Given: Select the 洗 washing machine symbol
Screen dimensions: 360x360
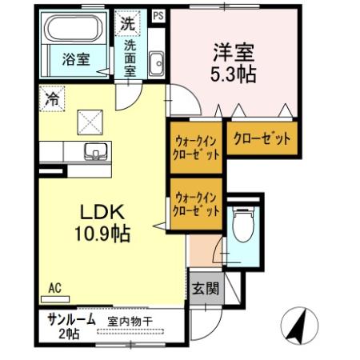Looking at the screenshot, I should (x=127, y=23).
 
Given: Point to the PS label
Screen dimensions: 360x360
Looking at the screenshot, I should (x=158, y=14).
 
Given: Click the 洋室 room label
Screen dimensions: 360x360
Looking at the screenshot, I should (x=232, y=53).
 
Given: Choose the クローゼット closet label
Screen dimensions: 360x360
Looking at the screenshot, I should (x=262, y=137).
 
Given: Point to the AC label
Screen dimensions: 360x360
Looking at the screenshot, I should (x=54, y=286).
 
